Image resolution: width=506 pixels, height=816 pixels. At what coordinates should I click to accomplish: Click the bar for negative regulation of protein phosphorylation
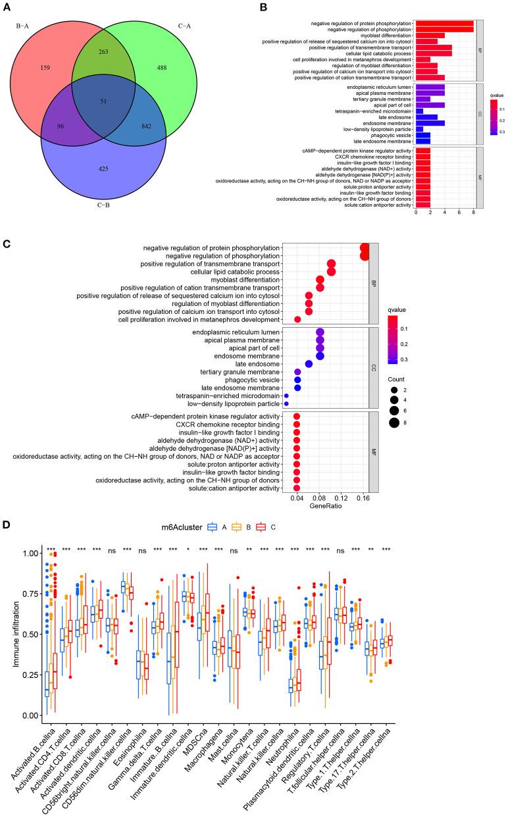[444, 23]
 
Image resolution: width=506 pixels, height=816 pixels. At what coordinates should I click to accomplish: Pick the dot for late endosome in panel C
[309, 364]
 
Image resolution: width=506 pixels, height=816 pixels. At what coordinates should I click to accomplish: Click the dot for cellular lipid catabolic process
[331, 272]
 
